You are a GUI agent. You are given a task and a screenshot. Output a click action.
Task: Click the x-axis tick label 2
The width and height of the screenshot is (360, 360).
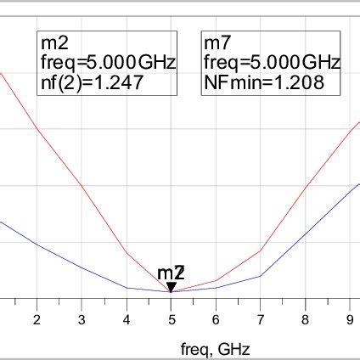click(x=37, y=319)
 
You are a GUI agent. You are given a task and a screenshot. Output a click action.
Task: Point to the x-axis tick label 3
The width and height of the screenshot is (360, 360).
click(x=82, y=319)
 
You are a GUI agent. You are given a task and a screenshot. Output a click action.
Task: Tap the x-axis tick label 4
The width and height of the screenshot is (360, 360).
click(x=127, y=319)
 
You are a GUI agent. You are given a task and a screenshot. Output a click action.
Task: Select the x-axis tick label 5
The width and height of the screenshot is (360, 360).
click(x=172, y=319)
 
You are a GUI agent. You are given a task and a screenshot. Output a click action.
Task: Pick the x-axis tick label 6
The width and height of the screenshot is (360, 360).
click(x=216, y=319)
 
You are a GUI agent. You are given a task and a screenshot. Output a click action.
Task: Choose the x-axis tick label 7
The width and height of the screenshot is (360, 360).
click(x=261, y=319)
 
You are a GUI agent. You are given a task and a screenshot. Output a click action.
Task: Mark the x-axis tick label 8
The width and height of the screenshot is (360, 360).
click(x=306, y=319)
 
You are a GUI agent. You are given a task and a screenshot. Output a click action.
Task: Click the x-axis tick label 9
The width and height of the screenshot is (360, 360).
click(x=351, y=319)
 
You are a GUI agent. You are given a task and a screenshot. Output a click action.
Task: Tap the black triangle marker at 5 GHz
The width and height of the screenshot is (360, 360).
click(x=172, y=287)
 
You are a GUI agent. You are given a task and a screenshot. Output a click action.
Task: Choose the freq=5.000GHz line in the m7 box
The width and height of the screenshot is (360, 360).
click(x=271, y=63)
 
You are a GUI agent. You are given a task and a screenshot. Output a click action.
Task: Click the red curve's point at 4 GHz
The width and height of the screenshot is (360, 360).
click(x=127, y=253)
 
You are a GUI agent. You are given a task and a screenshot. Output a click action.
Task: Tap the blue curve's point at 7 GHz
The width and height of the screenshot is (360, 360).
click(x=261, y=276)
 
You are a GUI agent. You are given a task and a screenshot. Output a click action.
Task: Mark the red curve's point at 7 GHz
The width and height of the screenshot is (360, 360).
click(x=261, y=250)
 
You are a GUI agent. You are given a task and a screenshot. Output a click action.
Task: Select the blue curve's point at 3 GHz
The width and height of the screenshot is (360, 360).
click(x=82, y=267)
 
